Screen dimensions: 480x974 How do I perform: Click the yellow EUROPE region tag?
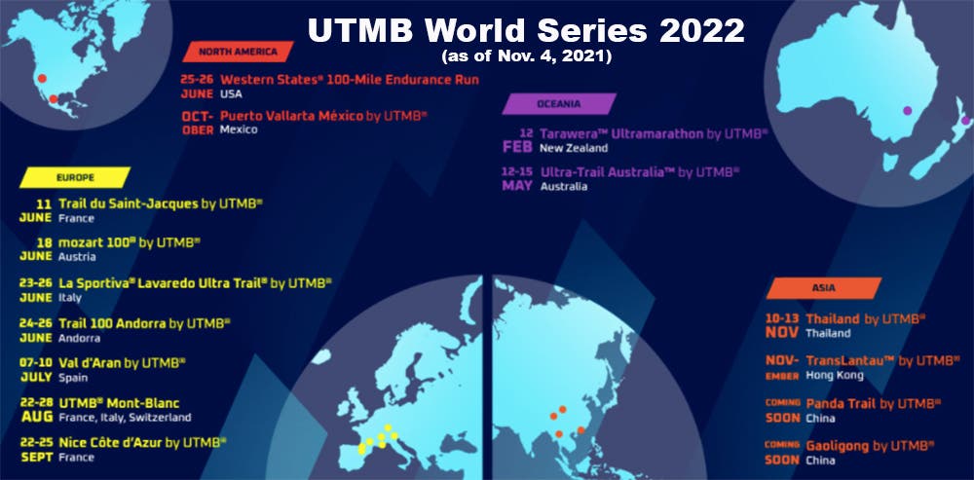pos(74,177)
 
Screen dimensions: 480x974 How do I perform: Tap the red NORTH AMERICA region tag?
pos(238,52)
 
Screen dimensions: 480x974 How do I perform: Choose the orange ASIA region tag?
pos(823,287)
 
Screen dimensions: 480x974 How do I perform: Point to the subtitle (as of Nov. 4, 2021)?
pos(526,57)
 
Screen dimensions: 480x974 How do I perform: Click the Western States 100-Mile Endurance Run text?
pos(349,79)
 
